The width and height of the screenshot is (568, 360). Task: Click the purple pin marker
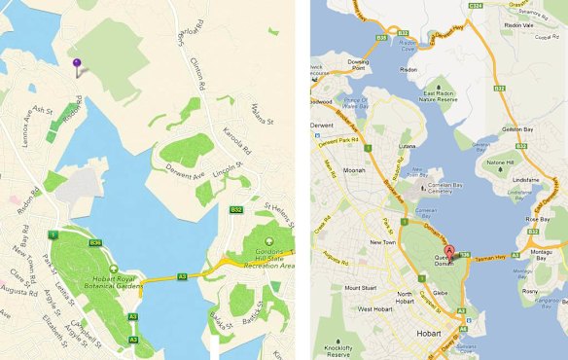tap(77, 65)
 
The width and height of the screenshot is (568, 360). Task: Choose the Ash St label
tap(43, 112)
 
